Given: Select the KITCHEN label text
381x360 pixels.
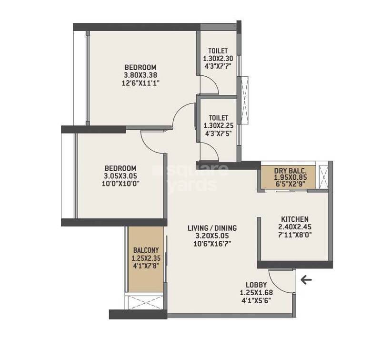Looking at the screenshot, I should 294,219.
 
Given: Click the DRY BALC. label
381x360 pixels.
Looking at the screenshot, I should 287,171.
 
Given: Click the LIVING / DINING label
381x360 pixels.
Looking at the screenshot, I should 212,228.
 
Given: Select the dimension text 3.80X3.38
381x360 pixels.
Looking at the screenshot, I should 140,75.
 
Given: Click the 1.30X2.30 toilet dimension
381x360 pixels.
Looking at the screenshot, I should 218,59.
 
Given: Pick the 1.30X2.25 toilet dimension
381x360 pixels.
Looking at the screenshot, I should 218,125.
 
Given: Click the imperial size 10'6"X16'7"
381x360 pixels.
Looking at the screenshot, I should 212,243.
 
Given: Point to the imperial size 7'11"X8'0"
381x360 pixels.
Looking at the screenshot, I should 294,234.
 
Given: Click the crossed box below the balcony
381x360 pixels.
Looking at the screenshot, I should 144,301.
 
